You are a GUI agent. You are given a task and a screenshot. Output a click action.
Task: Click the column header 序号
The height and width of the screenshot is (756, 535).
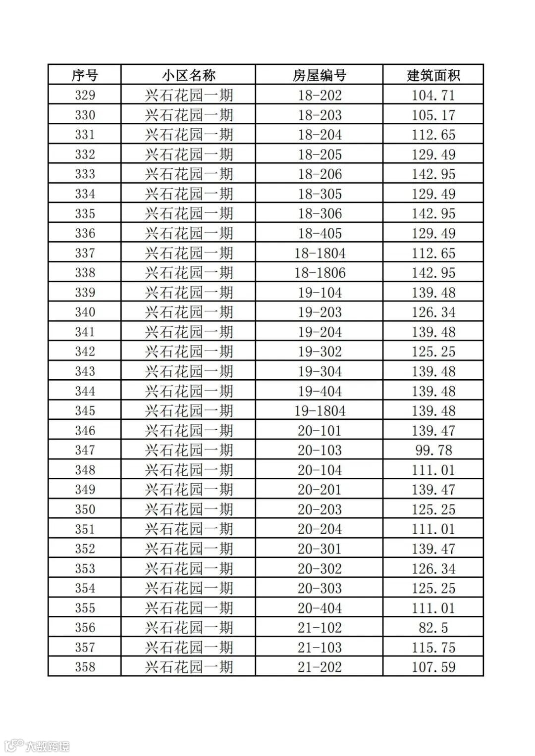tap(85, 75)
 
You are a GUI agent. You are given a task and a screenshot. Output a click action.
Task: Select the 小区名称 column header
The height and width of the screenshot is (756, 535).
tap(188, 75)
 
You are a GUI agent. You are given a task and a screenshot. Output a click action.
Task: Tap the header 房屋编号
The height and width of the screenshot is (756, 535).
tap(320, 75)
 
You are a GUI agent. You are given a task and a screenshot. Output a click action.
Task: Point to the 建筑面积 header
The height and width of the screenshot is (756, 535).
tap(433, 75)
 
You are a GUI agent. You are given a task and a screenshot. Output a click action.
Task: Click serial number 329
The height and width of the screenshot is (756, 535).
tap(85, 95)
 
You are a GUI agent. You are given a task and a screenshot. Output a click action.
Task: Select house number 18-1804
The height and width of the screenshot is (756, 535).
tap(320, 253)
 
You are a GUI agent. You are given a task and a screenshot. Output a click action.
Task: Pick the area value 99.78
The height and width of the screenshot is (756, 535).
tap(433, 450)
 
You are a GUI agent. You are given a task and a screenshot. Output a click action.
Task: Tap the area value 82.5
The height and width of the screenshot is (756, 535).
tap(433, 628)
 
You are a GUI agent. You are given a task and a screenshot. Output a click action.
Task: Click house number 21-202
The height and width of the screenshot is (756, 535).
tap(320, 667)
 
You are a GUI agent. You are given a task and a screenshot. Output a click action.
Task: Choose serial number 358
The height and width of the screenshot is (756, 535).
tap(85, 667)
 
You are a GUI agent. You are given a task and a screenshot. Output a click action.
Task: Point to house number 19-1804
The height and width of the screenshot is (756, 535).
tap(320, 411)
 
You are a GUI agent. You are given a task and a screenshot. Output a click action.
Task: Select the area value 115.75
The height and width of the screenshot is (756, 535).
tap(433, 648)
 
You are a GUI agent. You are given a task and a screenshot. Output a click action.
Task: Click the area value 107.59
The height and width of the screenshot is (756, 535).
tap(433, 667)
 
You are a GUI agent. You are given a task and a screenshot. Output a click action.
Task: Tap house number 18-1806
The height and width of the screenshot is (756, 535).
tap(320, 273)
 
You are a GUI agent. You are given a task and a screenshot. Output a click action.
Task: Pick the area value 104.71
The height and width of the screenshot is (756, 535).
tap(433, 95)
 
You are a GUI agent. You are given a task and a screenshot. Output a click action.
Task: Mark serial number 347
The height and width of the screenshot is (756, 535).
tap(85, 450)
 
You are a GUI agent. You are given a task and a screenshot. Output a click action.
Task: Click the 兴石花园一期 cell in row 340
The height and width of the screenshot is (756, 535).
tap(188, 312)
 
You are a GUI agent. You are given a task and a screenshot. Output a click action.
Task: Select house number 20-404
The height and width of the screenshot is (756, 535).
tap(320, 608)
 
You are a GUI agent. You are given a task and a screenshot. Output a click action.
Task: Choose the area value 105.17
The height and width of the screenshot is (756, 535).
tap(433, 115)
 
